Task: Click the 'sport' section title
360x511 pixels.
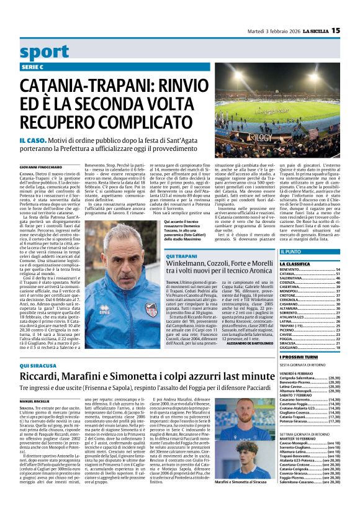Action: pyautogui.click(x=45, y=52)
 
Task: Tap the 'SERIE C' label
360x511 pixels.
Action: pyautogui.click(x=30, y=66)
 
